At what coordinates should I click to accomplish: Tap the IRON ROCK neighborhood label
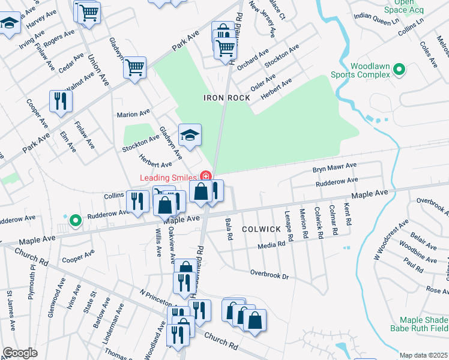tap(226, 98)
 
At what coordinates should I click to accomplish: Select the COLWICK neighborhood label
tap(261, 229)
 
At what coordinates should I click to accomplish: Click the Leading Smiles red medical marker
tap(205, 176)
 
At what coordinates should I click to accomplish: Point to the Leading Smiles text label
tap(169, 178)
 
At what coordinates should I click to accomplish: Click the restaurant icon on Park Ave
tap(60, 101)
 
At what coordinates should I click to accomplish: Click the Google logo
tap(20, 353)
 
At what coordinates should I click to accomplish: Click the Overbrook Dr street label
tap(270, 274)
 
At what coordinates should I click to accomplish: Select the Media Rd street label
tap(271, 246)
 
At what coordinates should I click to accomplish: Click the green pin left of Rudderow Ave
tap(74, 221)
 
